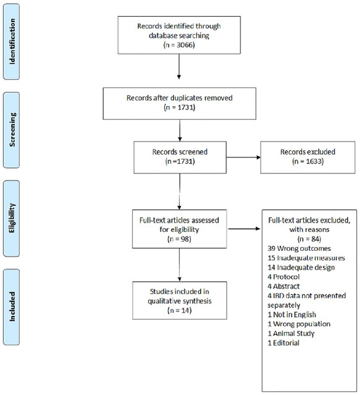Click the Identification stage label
point(12,41)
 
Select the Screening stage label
point(12,130)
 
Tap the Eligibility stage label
point(12,218)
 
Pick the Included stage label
point(12,307)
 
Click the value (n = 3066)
point(179,45)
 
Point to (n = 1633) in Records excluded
point(308,161)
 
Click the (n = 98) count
point(179,239)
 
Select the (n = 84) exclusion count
point(309,239)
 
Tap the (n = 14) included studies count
point(180,310)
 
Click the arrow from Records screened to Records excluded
point(243,158)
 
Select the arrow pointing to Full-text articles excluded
point(244,229)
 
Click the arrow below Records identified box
point(179,67)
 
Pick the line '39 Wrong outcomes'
point(299,248)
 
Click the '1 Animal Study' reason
point(291,334)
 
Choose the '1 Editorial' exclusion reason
point(283,343)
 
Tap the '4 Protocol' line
point(283,277)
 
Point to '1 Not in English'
point(292,315)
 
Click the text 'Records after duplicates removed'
point(179,98)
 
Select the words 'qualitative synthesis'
point(180,301)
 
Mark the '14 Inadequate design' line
point(301,267)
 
